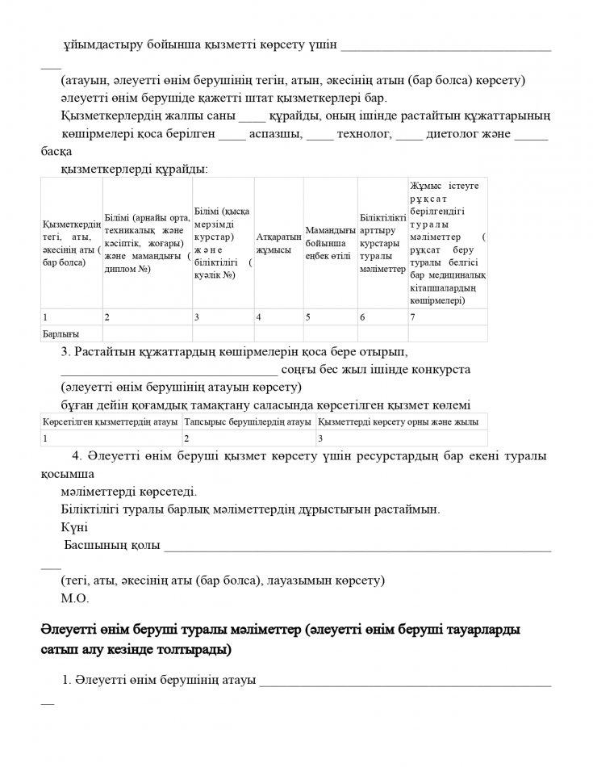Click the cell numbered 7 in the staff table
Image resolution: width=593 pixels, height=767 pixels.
pos(413,316)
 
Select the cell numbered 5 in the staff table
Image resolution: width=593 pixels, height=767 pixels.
pos(308,316)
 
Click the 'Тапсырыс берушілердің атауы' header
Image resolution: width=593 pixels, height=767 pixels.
pos(248,421)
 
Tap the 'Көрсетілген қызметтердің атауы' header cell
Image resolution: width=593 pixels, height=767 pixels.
pos(111,421)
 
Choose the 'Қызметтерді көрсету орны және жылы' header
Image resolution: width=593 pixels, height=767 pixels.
pos(399,421)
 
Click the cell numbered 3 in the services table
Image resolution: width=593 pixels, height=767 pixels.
pos(320,438)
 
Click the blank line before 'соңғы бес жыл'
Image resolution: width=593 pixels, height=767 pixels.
pos(169,371)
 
